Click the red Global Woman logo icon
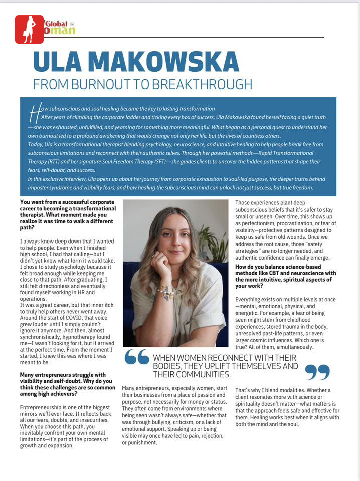point(29,29)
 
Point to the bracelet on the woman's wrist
point(165,292)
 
